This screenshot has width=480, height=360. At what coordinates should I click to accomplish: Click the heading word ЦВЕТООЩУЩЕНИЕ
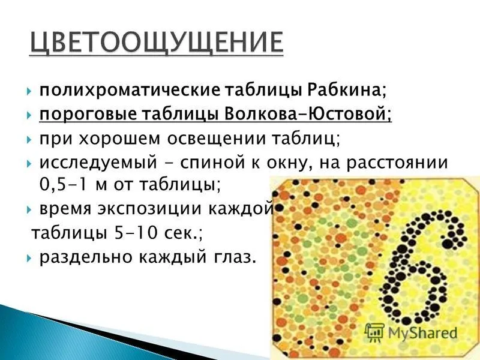click(157, 43)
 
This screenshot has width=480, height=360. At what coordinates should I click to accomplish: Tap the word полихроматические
click(130, 91)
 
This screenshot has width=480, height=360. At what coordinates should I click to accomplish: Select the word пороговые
click(88, 115)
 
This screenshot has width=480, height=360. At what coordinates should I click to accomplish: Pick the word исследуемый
click(98, 163)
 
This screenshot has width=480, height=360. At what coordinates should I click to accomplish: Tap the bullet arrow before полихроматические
click(29, 91)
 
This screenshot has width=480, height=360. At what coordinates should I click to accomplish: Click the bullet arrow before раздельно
click(29, 258)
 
